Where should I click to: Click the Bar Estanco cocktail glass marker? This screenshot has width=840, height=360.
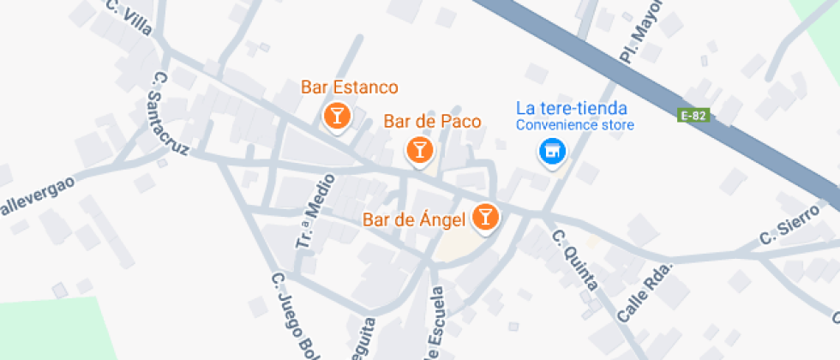pyautogui.click(x=337, y=116)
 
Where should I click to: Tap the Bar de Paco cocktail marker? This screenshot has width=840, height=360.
pyautogui.click(x=419, y=150)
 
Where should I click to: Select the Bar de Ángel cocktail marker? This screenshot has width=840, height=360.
pyautogui.click(x=486, y=217)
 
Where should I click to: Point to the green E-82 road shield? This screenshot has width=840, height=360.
pyautogui.click(x=694, y=115)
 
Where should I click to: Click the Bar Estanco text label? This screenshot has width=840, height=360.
pyautogui.click(x=350, y=87)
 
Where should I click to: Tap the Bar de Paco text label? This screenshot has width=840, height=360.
pyautogui.click(x=432, y=122)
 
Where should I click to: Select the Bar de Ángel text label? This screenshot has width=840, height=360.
pyautogui.click(x=414, y=220)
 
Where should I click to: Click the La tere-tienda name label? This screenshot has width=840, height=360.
pyautogui.click(x=572, y=109)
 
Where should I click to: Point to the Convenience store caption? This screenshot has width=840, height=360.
pyautogui.click(x=574, y=126)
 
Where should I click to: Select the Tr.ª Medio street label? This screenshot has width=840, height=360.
pyautogui.click(x=312, y=222)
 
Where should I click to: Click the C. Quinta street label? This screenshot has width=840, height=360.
pyautogui.click(x=574, y=261)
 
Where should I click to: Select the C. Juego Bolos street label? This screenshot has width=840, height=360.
pyautogui.click(x=291, y=317)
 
